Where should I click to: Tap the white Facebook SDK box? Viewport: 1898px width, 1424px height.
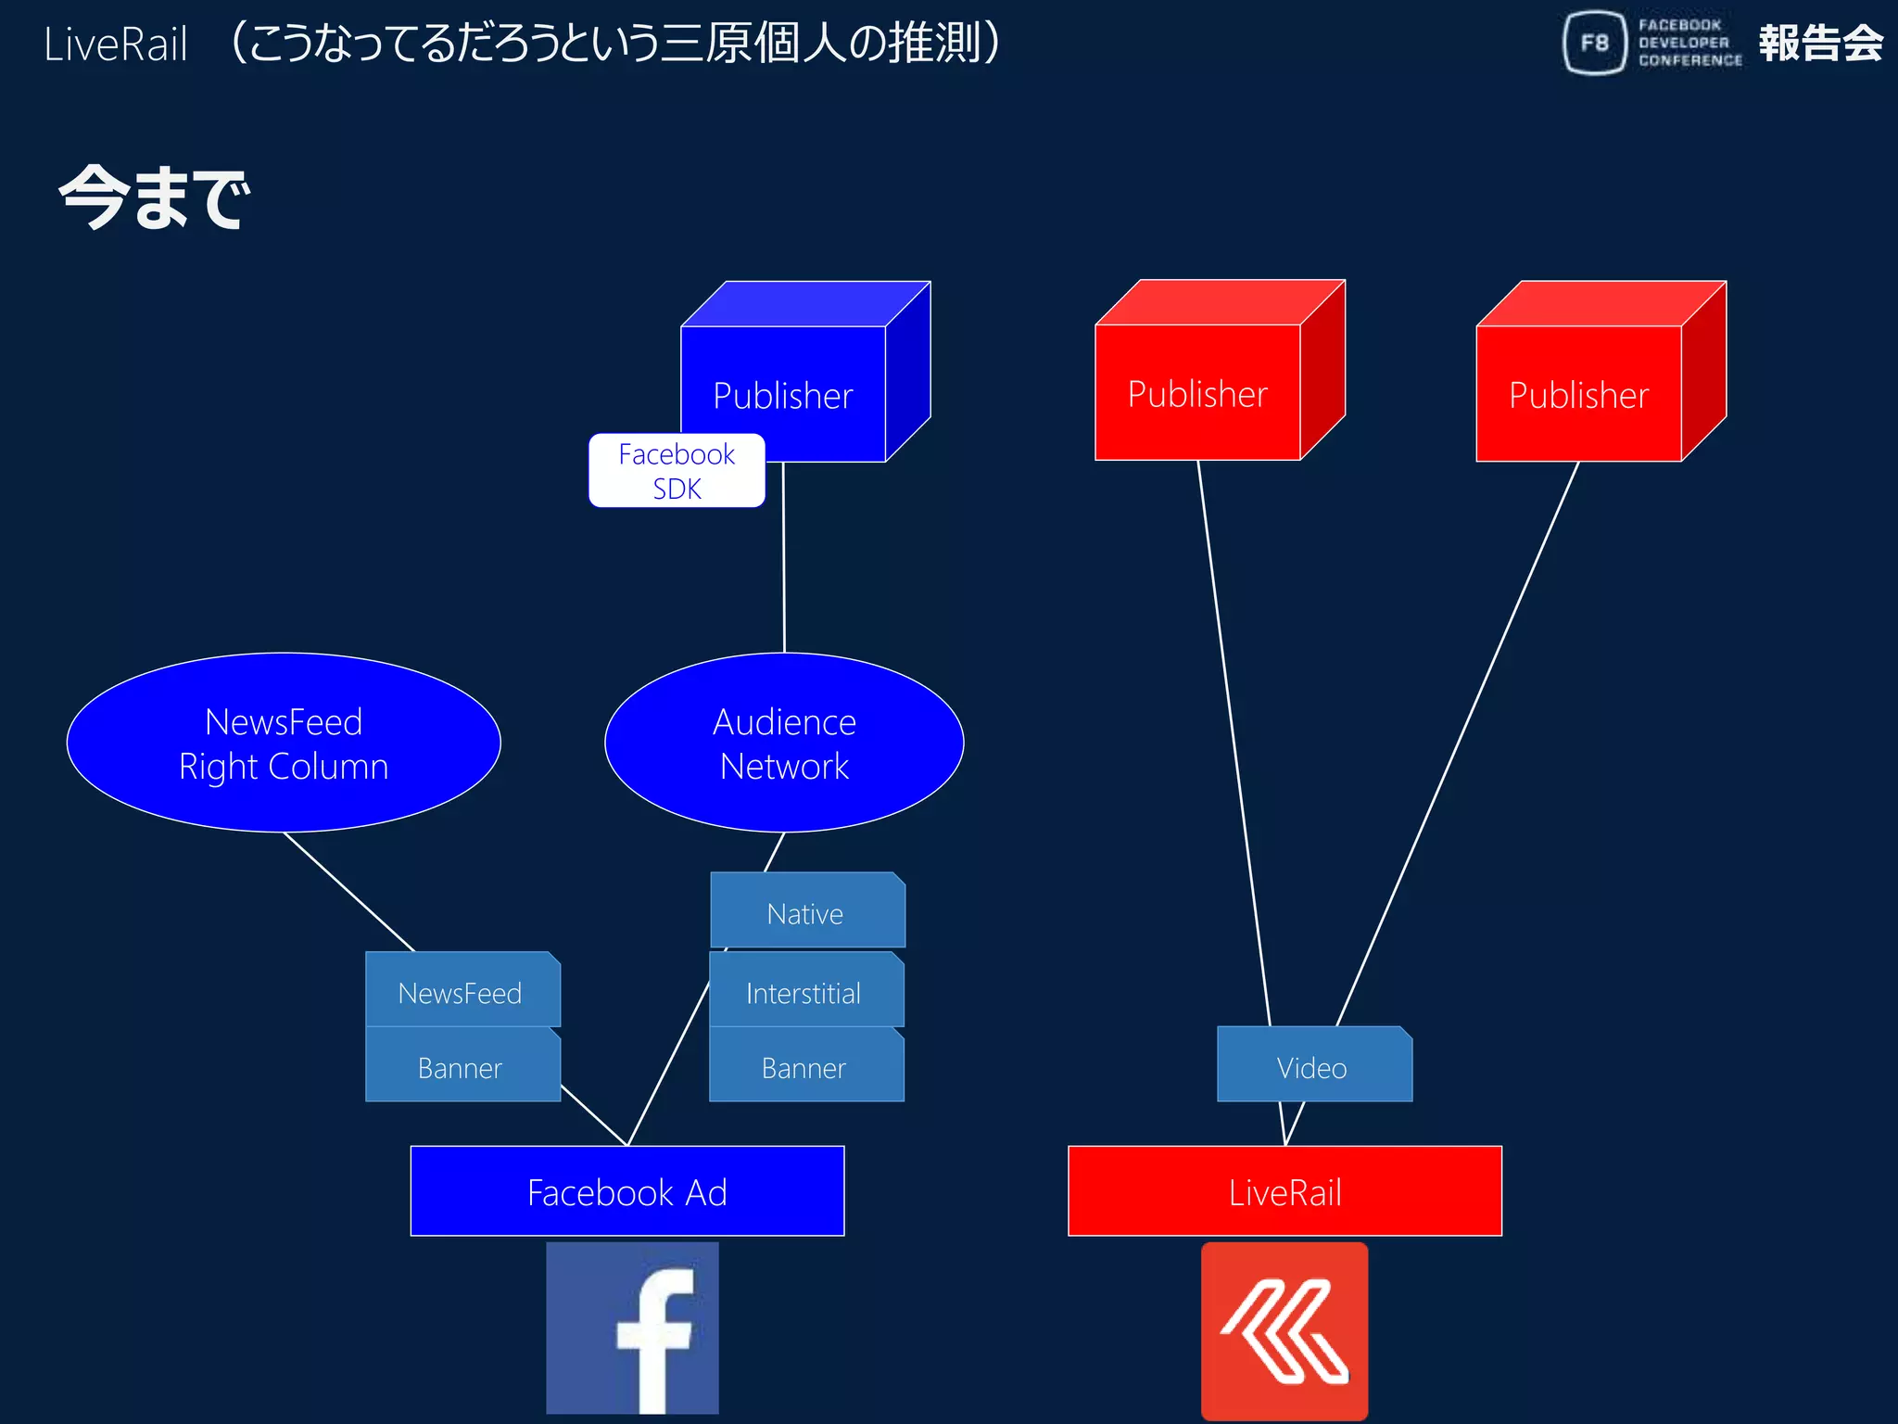pos(677,471)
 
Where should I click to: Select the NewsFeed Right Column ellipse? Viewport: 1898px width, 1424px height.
pos(284,743)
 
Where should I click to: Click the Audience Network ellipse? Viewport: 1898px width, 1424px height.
pos(784,743)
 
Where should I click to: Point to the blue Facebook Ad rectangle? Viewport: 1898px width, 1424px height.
pos(626,1191)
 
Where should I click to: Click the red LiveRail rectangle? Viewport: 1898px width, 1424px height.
pos(1284,1191)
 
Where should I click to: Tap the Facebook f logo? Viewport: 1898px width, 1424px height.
pos(632,1328)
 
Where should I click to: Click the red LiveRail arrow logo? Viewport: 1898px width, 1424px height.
pos(1284,1330)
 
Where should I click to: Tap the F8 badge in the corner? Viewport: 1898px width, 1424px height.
pos(1595,43)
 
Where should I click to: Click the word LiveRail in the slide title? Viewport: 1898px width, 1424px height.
pos(116,44)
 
